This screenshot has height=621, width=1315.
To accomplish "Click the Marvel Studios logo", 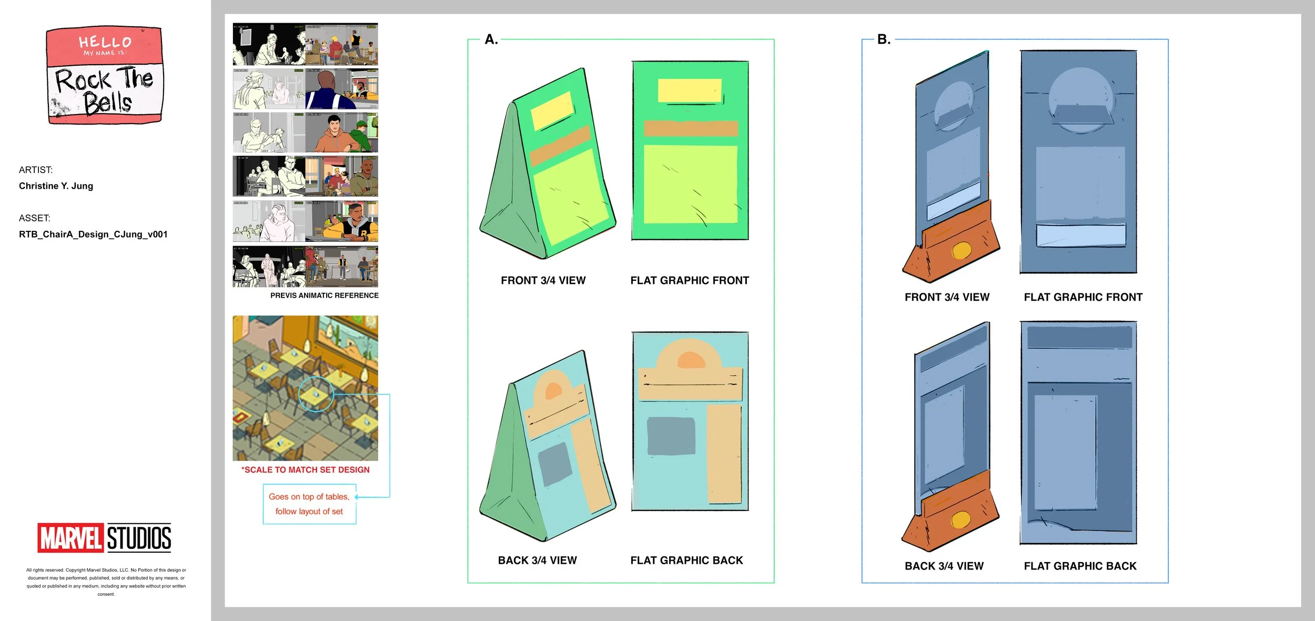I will (x=104, y=537).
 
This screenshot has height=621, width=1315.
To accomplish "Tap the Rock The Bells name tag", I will (x=105, y=76).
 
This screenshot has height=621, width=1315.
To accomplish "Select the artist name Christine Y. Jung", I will (x=56, y=186).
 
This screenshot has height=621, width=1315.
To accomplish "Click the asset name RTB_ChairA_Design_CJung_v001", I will (x=93, y=235).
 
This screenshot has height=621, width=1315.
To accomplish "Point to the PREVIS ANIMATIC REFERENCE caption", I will (x=324, y=296).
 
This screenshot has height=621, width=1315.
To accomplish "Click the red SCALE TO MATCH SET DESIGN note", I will (x=306, y=470).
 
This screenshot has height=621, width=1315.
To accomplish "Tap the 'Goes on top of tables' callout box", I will (x=309, y=504).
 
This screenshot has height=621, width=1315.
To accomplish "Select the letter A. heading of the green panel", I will (x=491, y=39).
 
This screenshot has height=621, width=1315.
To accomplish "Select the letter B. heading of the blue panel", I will (x=884, y=39).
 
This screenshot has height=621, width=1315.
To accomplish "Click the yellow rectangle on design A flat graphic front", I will (x=690, y=91).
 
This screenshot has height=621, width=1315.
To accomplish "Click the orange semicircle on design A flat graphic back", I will (x=691, y=361).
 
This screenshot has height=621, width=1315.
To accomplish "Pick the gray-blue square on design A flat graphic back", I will (x=671, y=436).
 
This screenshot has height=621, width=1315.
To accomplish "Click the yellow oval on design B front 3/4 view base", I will (x=961, y=251).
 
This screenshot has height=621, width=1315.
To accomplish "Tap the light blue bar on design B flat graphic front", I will (x=1080, y=235).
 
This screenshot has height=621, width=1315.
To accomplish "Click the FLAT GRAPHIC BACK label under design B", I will (x=1080, y=566).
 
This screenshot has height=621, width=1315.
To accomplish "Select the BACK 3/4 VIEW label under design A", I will (x=537, y=561).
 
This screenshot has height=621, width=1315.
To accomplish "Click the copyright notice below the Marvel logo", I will (x=106, y=582).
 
